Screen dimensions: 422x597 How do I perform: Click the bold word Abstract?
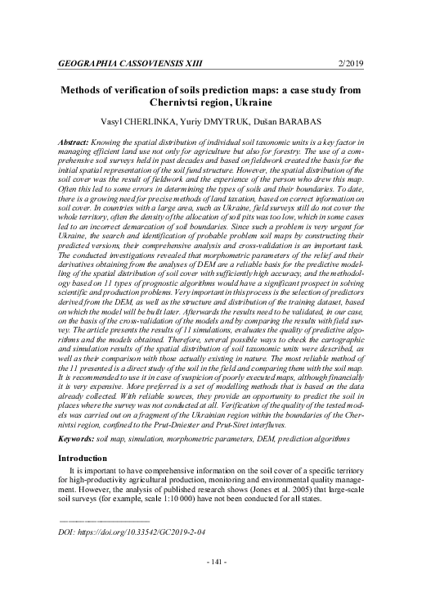click(74, 142)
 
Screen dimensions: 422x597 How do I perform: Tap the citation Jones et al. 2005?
click(299, 486)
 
